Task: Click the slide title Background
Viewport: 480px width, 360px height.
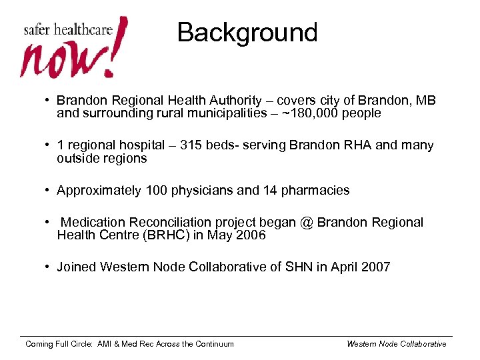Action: [x=247, y=33]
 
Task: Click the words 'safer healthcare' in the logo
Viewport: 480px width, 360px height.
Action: [x=67, y=30]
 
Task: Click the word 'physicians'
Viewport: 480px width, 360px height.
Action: [x=197, y=191]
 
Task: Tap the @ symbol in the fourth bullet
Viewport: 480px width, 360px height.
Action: [x=306, y=223]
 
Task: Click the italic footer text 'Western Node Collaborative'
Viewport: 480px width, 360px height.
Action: [x=397, y=344]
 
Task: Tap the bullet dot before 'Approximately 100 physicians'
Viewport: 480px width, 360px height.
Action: [x=49, y=191]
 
